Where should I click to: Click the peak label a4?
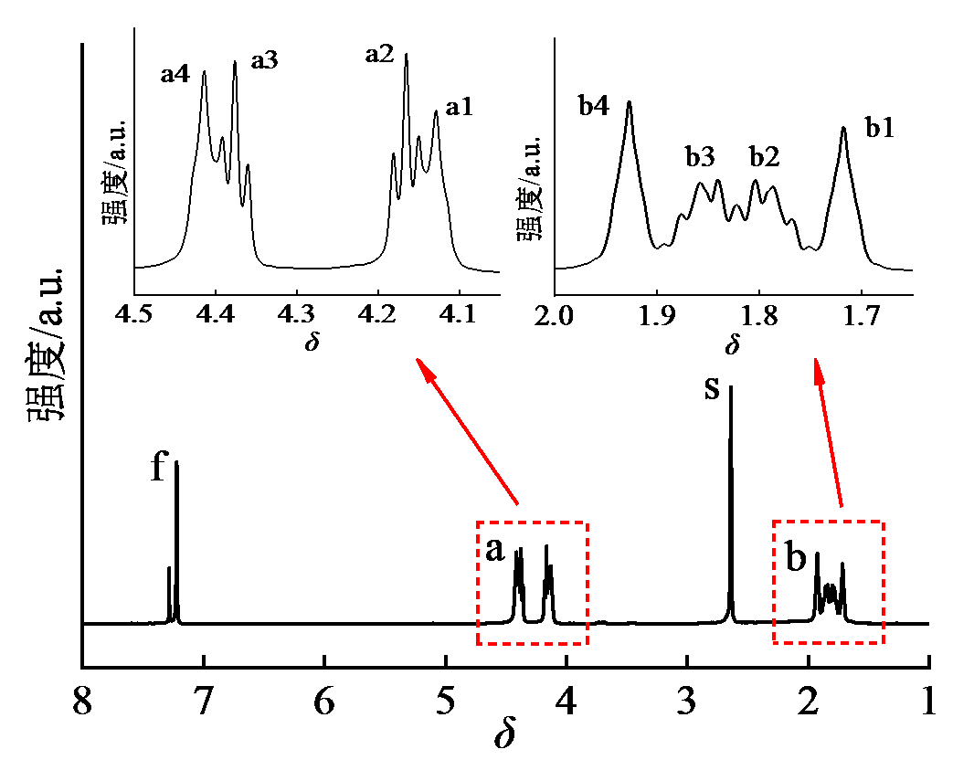[175, 75]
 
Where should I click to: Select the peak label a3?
[264, 61]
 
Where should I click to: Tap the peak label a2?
[379, 55]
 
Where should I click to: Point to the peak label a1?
[459, 109]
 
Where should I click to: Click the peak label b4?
[594, 105]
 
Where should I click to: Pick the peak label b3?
[700, 156]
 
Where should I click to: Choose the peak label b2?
[765, 156]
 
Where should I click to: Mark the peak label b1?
[879, 128]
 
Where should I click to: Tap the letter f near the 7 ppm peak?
[159, 468]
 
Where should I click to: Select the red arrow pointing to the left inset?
[467, 430]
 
